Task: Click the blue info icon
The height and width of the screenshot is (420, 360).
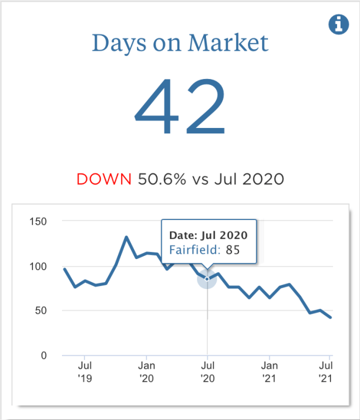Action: (338, 24)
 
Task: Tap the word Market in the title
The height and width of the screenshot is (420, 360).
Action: (228, 43)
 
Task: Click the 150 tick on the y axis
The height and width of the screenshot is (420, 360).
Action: (40, 221)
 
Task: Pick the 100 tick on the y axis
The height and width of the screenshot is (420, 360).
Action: (40, 266)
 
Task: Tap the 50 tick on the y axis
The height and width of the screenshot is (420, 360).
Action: (42, 310)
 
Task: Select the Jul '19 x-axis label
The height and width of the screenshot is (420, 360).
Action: (84, 371)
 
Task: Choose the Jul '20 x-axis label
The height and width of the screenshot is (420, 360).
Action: (207, 371)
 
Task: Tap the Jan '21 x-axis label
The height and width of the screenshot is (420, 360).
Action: (269, 371)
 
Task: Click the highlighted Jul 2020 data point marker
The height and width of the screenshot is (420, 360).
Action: (207, 278)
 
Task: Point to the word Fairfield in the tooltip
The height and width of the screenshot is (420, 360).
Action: (194, 250)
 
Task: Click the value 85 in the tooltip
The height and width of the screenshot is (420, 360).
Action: (233, 250)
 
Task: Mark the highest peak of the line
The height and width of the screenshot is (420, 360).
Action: (126, 237)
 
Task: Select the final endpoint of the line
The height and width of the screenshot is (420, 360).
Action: (330, 317)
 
